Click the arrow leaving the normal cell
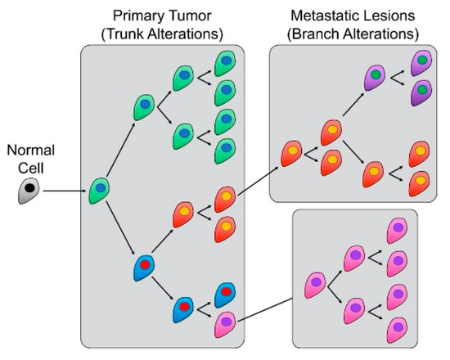coord(64,193)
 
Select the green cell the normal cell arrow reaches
coord(101,190)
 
